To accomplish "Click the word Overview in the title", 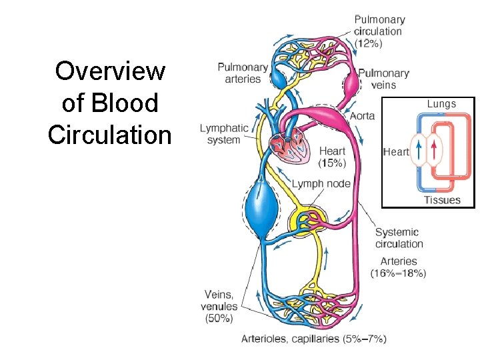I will click(x=110, y=71).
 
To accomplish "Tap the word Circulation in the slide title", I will click(x=110, y=135).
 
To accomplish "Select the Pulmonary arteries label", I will click(x=243, y=73).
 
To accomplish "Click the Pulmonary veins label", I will click(x=383, y=79).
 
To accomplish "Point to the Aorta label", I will click(x=362, y=115).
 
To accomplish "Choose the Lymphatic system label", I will click(x=224, y=134).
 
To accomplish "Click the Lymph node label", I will click(x=321, y=183).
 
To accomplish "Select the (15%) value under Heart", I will click(x=332, y=163).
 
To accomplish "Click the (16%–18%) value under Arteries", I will click(x=399, y=273).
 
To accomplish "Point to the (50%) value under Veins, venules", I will click(x=219, y=319).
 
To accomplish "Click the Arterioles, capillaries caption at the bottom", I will click(x=313, y=339).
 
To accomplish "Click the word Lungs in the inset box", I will click(x=441, y=104).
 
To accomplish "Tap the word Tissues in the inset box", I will click(x=442, y=200).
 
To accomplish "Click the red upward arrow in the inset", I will click(x=434, y=151).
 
